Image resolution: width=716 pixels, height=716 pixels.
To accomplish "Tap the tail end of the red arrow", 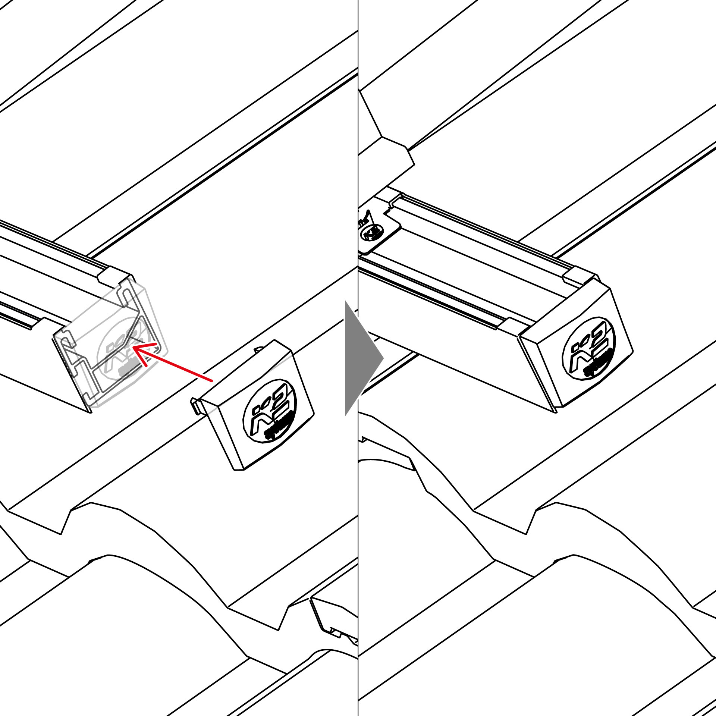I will click(211, 381).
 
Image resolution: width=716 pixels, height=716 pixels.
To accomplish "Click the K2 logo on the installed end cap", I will click(589, 348).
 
